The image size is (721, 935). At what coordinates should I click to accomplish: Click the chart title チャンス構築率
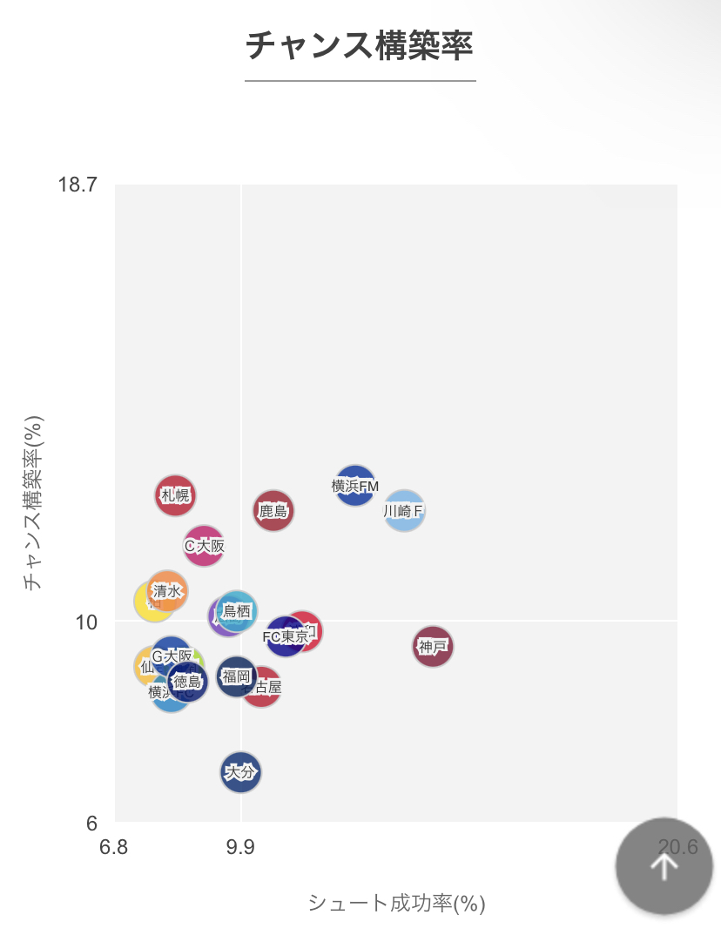tap(360, 45)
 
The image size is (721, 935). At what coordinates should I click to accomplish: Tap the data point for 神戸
tap(433, 646)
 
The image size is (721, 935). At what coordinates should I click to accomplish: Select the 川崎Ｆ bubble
tap(404, 511)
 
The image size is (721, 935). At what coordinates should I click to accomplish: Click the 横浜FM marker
tap(355, 486)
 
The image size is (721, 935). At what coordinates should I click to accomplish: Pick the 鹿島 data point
tap(273, 511)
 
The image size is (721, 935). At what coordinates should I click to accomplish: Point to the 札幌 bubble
tap(175, 495)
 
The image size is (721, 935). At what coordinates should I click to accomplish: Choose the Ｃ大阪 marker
tap(204, 546)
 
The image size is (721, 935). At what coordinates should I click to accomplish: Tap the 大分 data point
tap(240, 772)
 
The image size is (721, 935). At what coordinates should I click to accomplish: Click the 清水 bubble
tap(166, 591)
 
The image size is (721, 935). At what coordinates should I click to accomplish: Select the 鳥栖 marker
tap(237, 611)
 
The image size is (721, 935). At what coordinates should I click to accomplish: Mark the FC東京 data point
tap(286, 637)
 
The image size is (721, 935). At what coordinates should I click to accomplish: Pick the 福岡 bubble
tap(236, 676)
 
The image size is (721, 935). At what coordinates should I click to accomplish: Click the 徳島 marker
tap(187, 683)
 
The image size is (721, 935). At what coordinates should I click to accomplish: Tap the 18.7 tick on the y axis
tap(77, 185)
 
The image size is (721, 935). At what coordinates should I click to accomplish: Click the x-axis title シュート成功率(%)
tap(396, 904)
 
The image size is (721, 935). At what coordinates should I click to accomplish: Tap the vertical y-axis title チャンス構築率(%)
tap(33, 502)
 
